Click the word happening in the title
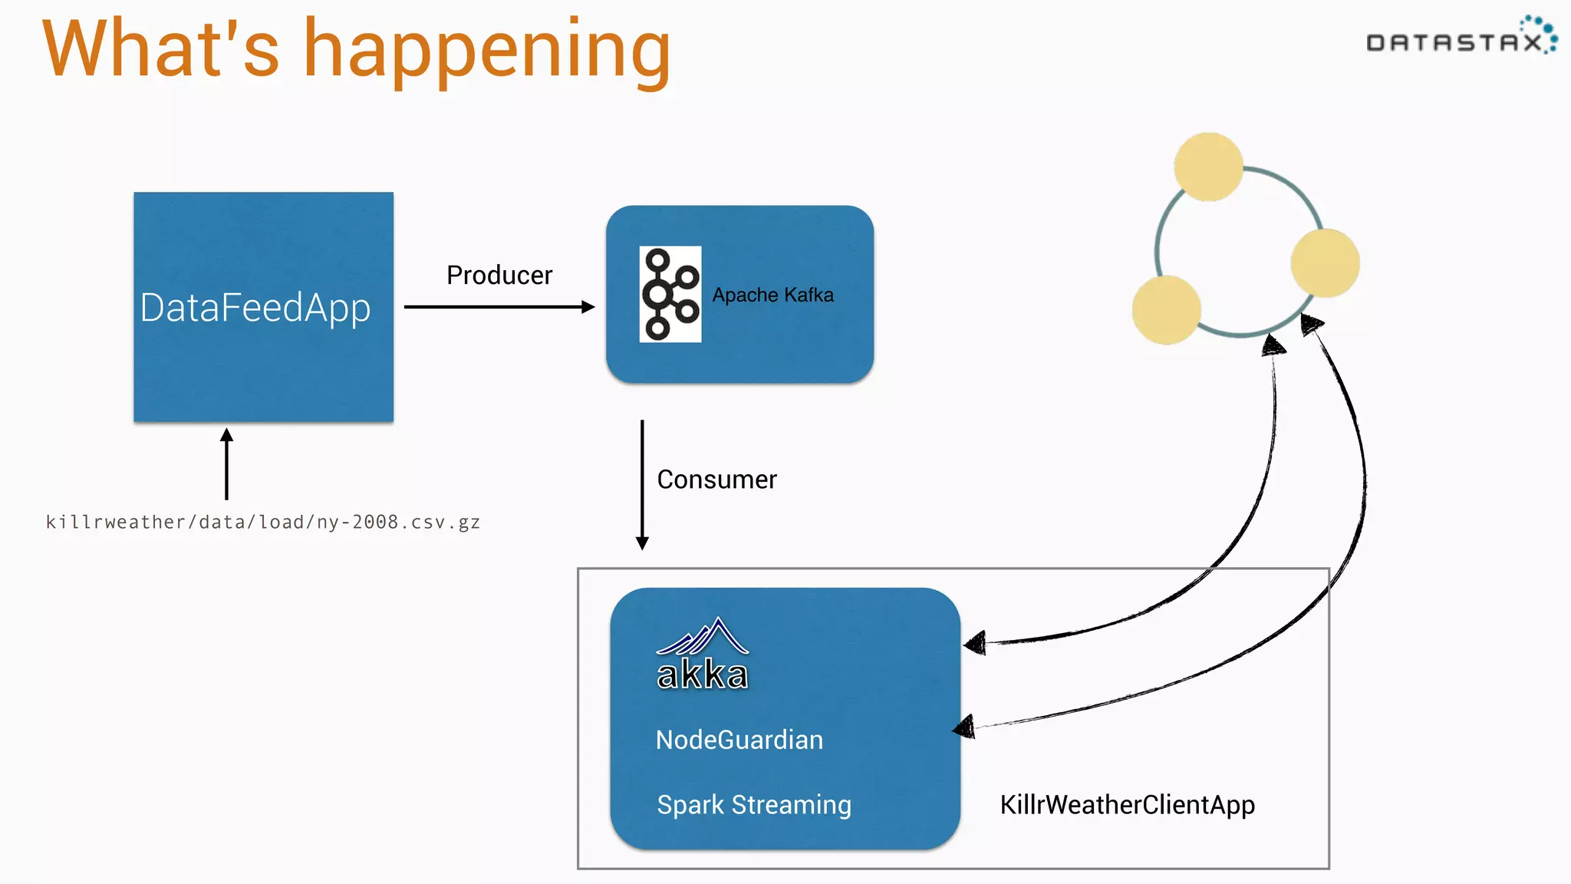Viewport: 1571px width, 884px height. (487, 52)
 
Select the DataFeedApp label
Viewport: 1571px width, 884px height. (255, 308)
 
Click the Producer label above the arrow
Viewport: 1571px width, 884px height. (499, 275)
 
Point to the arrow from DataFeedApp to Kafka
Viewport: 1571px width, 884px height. (499, 307)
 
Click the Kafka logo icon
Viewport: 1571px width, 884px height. (670, 294)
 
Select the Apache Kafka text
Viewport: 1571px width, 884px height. (772, 295)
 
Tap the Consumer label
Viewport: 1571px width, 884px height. (716, 480)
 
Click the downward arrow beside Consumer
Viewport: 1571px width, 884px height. (643, 483)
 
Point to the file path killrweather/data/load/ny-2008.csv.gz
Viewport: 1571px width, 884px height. (263, 523)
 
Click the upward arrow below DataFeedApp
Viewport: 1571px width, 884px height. (226, 463)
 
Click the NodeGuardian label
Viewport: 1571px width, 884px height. (739, 741)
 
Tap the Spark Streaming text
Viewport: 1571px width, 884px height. (754, 805)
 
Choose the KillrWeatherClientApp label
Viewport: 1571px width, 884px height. (1127, 805)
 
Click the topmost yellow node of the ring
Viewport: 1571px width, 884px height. (1208, 167)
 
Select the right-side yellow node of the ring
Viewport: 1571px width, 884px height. (1325, 262)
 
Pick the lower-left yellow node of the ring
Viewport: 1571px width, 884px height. (1166, 310)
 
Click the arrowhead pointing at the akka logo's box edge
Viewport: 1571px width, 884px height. (976, 643)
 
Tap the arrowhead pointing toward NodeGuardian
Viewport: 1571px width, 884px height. (965, 727)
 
